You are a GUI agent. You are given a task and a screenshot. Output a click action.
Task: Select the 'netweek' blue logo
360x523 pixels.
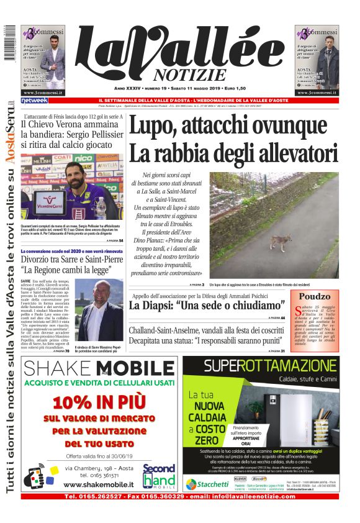(x=34, y=101)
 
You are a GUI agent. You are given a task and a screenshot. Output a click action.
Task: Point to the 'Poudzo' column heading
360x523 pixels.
(x=315, y=297)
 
